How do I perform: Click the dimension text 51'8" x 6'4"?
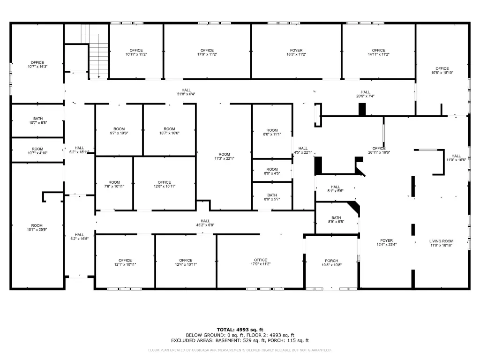186,94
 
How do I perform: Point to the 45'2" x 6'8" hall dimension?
205,225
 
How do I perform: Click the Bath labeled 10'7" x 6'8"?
38,120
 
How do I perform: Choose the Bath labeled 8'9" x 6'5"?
336,219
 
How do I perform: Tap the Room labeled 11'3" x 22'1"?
225,157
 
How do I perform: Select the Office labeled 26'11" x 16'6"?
379,150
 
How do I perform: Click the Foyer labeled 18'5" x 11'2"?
296,52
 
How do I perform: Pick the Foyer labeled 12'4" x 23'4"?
386,242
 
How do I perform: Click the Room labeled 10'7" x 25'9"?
37,227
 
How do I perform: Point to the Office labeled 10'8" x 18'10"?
442,71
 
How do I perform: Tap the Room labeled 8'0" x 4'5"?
272,171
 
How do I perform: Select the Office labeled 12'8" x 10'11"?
165,184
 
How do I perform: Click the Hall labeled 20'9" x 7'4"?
365,94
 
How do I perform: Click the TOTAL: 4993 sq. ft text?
240,330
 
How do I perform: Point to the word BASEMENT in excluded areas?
228,340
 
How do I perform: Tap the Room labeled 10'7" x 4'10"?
37,151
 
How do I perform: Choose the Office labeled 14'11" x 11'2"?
378,52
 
